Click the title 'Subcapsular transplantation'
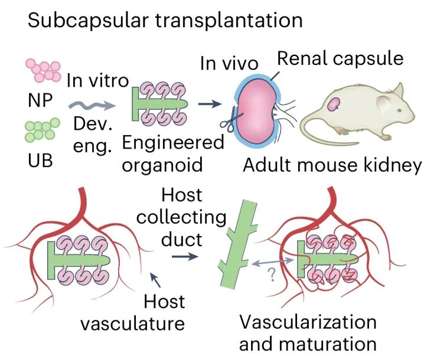[165, 21]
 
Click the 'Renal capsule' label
[340, 59]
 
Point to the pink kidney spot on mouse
[335, 104]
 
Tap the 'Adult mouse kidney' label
[332, 165]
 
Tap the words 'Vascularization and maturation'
[308, 333]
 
